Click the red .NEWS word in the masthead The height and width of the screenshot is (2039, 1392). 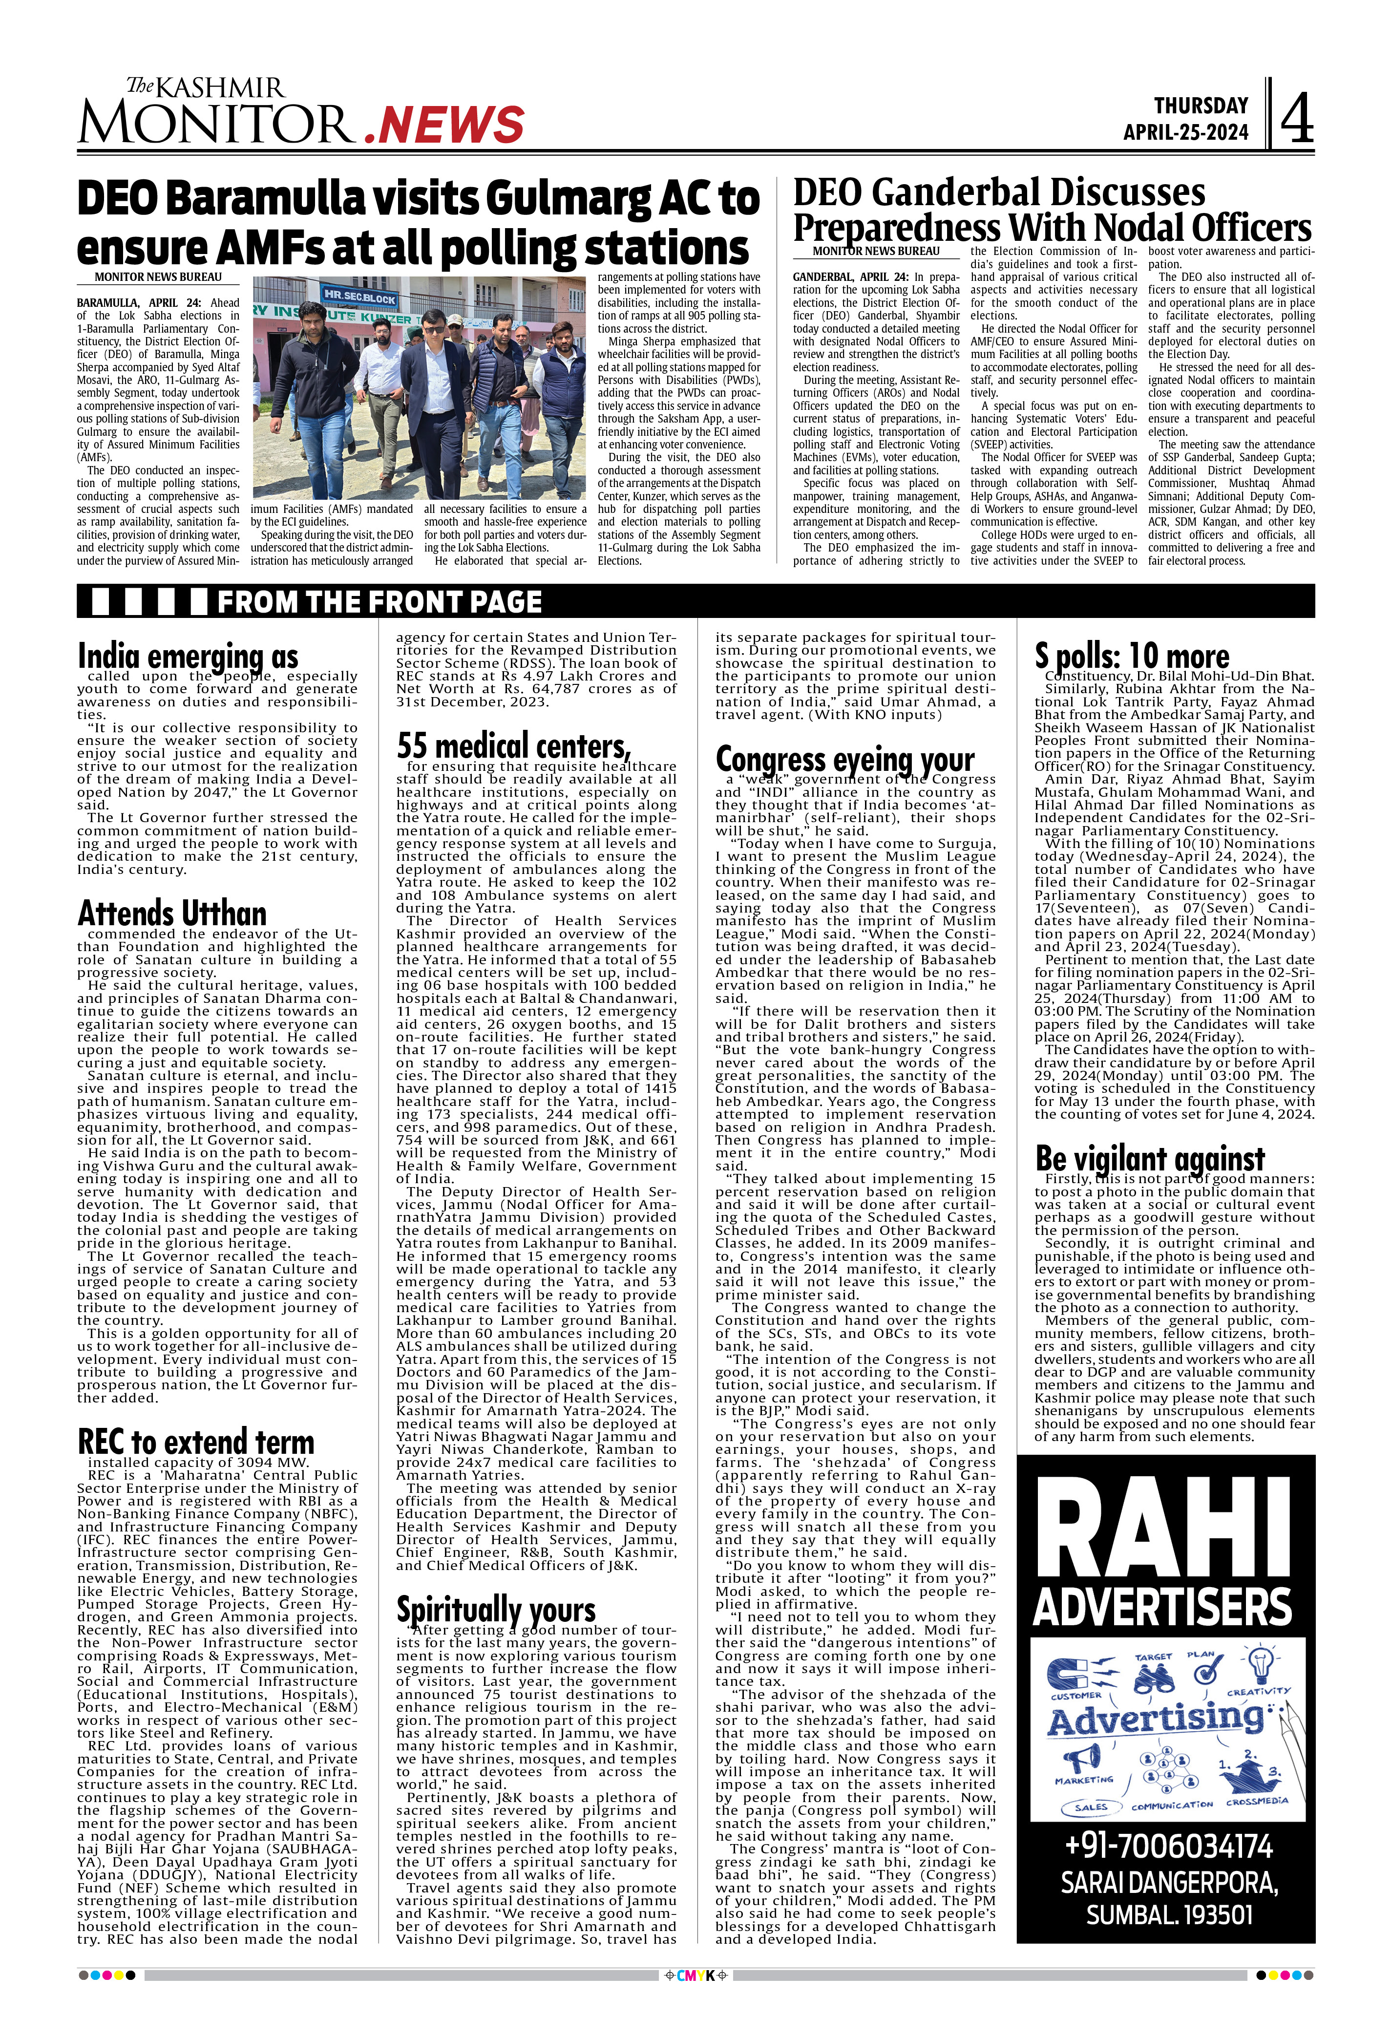[x=444, y=125]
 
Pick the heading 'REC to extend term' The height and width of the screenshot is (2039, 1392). [x=195, y=1442]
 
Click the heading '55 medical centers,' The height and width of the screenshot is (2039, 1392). [x=513, y=746]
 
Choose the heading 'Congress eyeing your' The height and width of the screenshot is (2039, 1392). [x=844, y=759]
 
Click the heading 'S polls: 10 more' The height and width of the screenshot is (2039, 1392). [x=1132, y=656]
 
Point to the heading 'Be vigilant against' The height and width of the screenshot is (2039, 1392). [x=1150, y=1158]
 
